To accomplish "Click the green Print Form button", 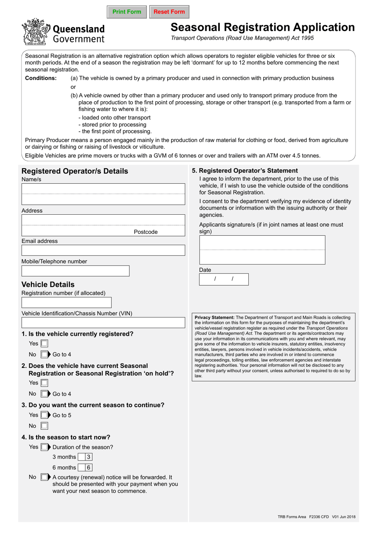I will click(127, 12).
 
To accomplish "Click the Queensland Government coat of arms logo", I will click(36, 32).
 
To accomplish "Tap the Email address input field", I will click(103, 250).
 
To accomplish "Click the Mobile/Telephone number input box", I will click(75, 271).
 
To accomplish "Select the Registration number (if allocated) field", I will click(66, 303).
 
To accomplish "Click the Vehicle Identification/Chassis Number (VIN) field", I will click(103, 323).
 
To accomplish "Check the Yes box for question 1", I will click(44, 344).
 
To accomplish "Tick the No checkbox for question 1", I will click(44, 354).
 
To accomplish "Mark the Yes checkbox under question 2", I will click(44, 383).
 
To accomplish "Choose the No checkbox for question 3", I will click(44, 426).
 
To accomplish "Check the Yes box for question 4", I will click(44, 447).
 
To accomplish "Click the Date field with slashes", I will click(224, 279).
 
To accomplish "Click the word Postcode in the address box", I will click(146, 232).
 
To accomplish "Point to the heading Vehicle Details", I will click(48, 285).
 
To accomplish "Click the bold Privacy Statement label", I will click(214, 317).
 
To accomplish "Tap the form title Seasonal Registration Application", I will click(262, 27).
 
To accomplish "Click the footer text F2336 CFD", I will click(319, 517).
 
